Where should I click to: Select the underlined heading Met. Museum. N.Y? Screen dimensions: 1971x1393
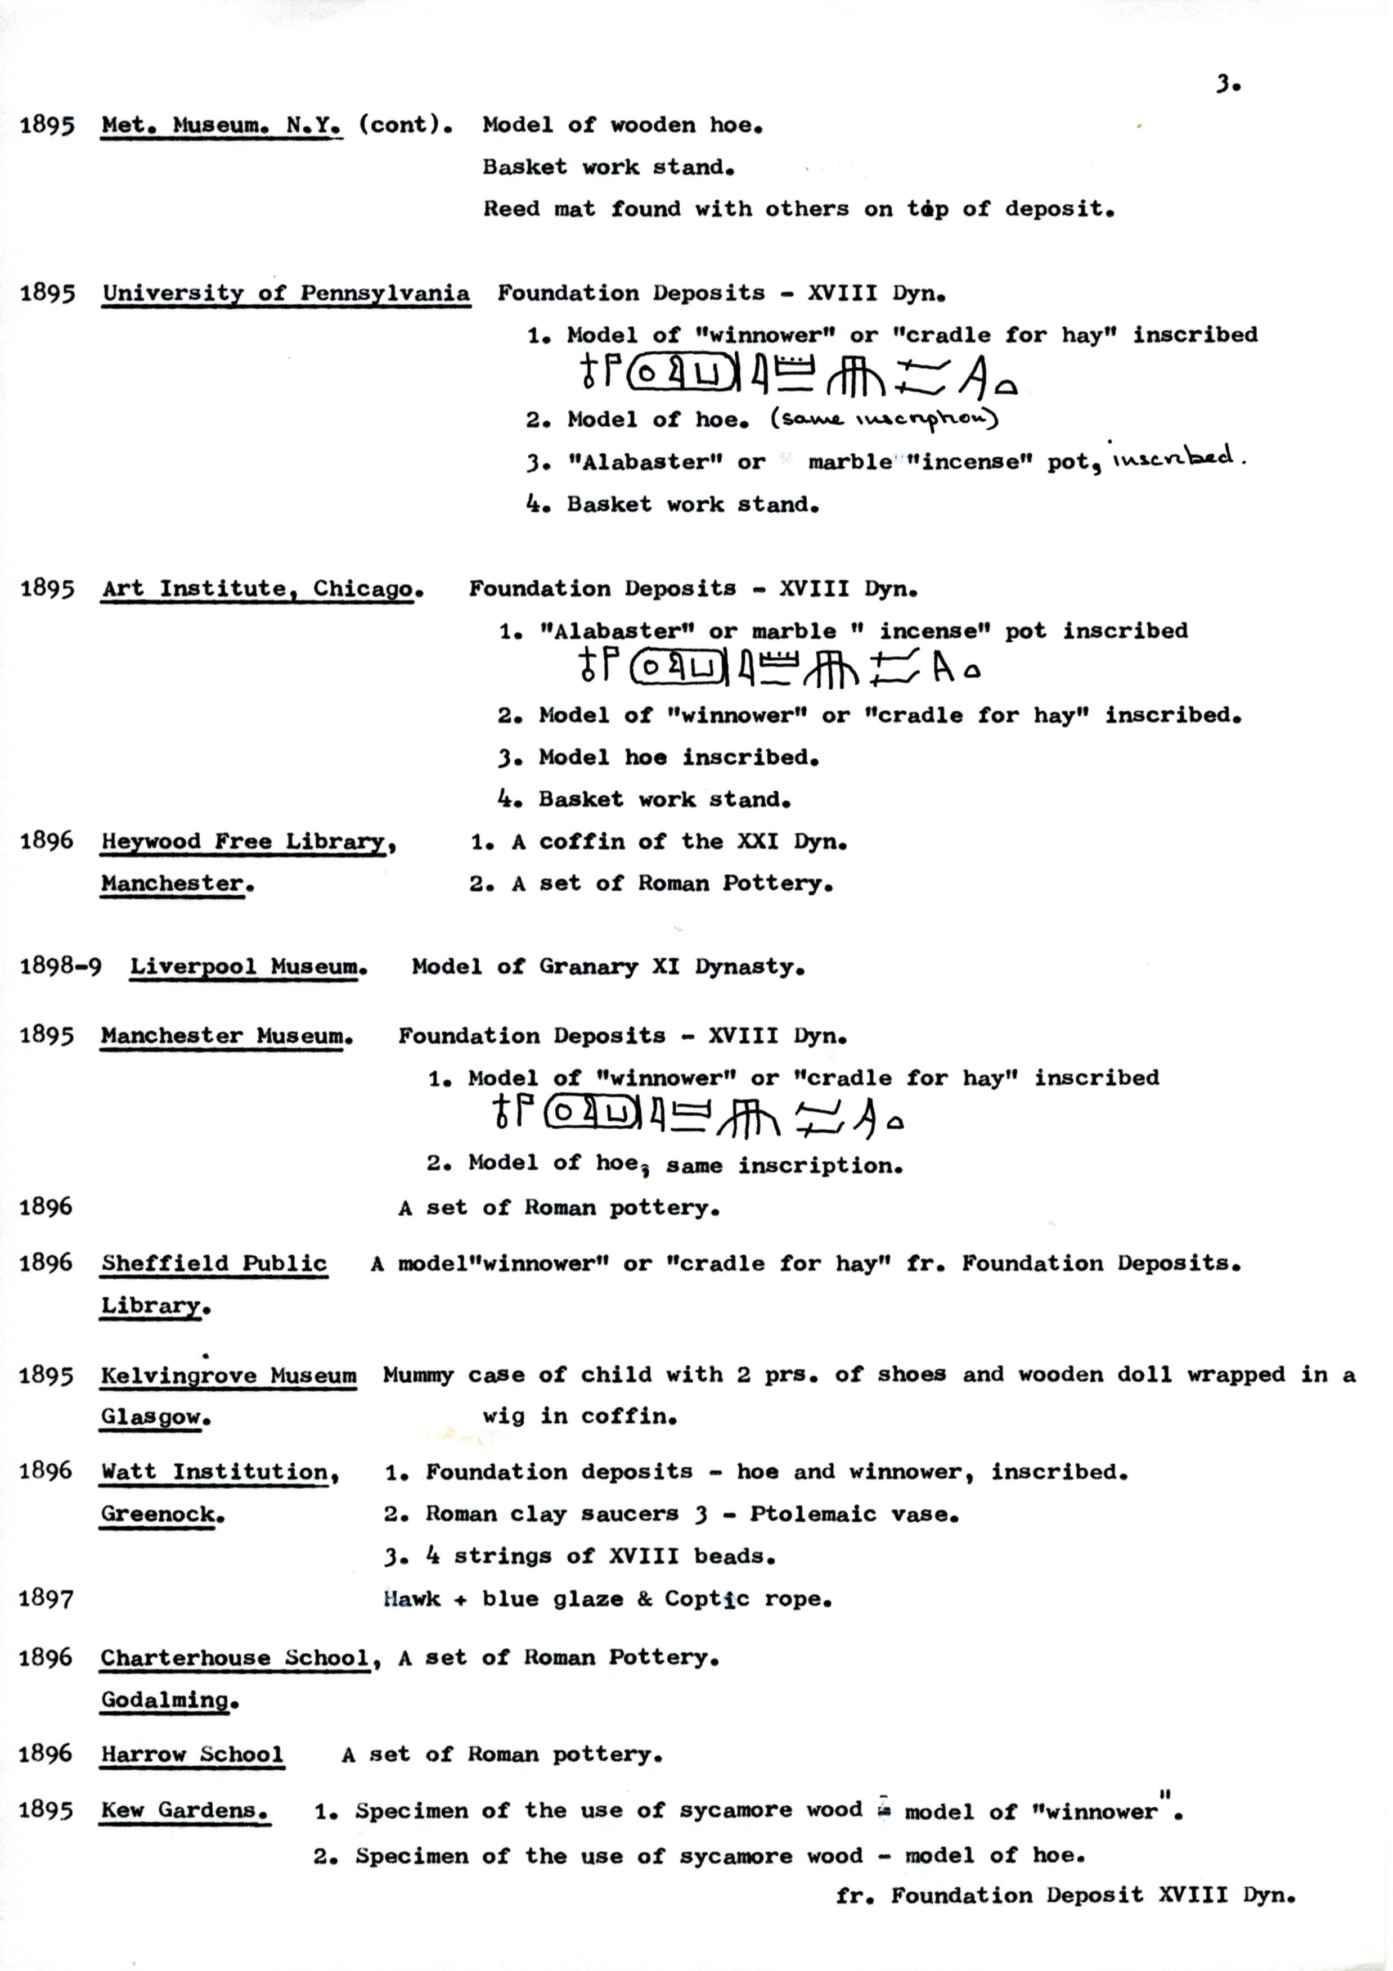(222, 125)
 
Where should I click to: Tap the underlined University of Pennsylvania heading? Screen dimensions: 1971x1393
(286, 294)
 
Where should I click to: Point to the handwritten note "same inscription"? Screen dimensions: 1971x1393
(884, 419)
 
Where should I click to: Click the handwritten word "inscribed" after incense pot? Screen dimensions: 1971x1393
(1175, 457)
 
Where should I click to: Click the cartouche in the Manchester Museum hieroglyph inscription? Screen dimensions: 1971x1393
(591, 1114)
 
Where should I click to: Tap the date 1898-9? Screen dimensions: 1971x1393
(60, 967)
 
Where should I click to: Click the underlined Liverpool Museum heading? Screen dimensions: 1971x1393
(248, 967)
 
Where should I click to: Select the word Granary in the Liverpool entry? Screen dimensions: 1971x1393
(588, 967)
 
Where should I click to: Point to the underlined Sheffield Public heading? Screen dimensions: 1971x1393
(214, 1264)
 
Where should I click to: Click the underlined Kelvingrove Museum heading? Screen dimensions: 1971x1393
(228, 1375)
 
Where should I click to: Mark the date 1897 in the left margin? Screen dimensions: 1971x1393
(46, 1598)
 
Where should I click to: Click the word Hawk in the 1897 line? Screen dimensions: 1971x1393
(411, 1598)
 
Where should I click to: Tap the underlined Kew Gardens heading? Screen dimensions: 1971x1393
(184, 1811)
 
